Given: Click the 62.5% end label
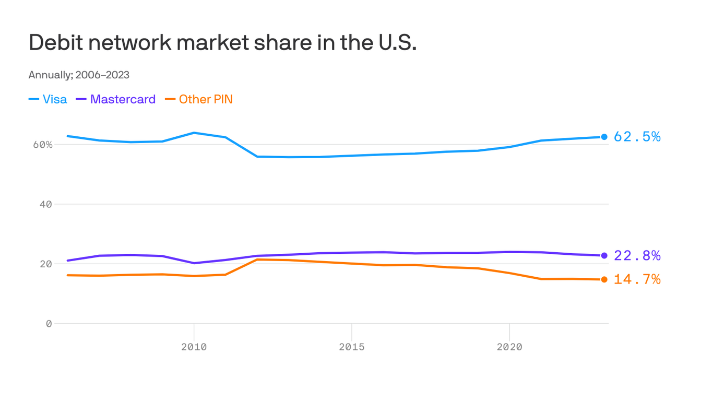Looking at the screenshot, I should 637,137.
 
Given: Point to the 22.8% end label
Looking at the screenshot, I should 637,256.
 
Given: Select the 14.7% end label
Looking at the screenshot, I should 637,280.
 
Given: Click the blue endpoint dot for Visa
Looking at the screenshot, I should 604,137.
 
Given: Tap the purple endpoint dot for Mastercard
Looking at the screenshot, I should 604,255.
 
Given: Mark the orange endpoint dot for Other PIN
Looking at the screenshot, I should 604,279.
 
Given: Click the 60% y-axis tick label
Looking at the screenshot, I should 43,145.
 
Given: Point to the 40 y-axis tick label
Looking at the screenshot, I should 46,204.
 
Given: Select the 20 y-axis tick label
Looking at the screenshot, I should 46,264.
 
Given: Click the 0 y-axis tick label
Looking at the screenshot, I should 49,324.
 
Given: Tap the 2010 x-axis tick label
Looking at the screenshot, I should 194,347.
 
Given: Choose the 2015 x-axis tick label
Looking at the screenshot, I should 352,347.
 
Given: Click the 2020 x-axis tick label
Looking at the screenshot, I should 509,347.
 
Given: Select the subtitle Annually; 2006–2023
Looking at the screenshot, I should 79,75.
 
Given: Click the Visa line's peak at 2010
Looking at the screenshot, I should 194,133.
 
